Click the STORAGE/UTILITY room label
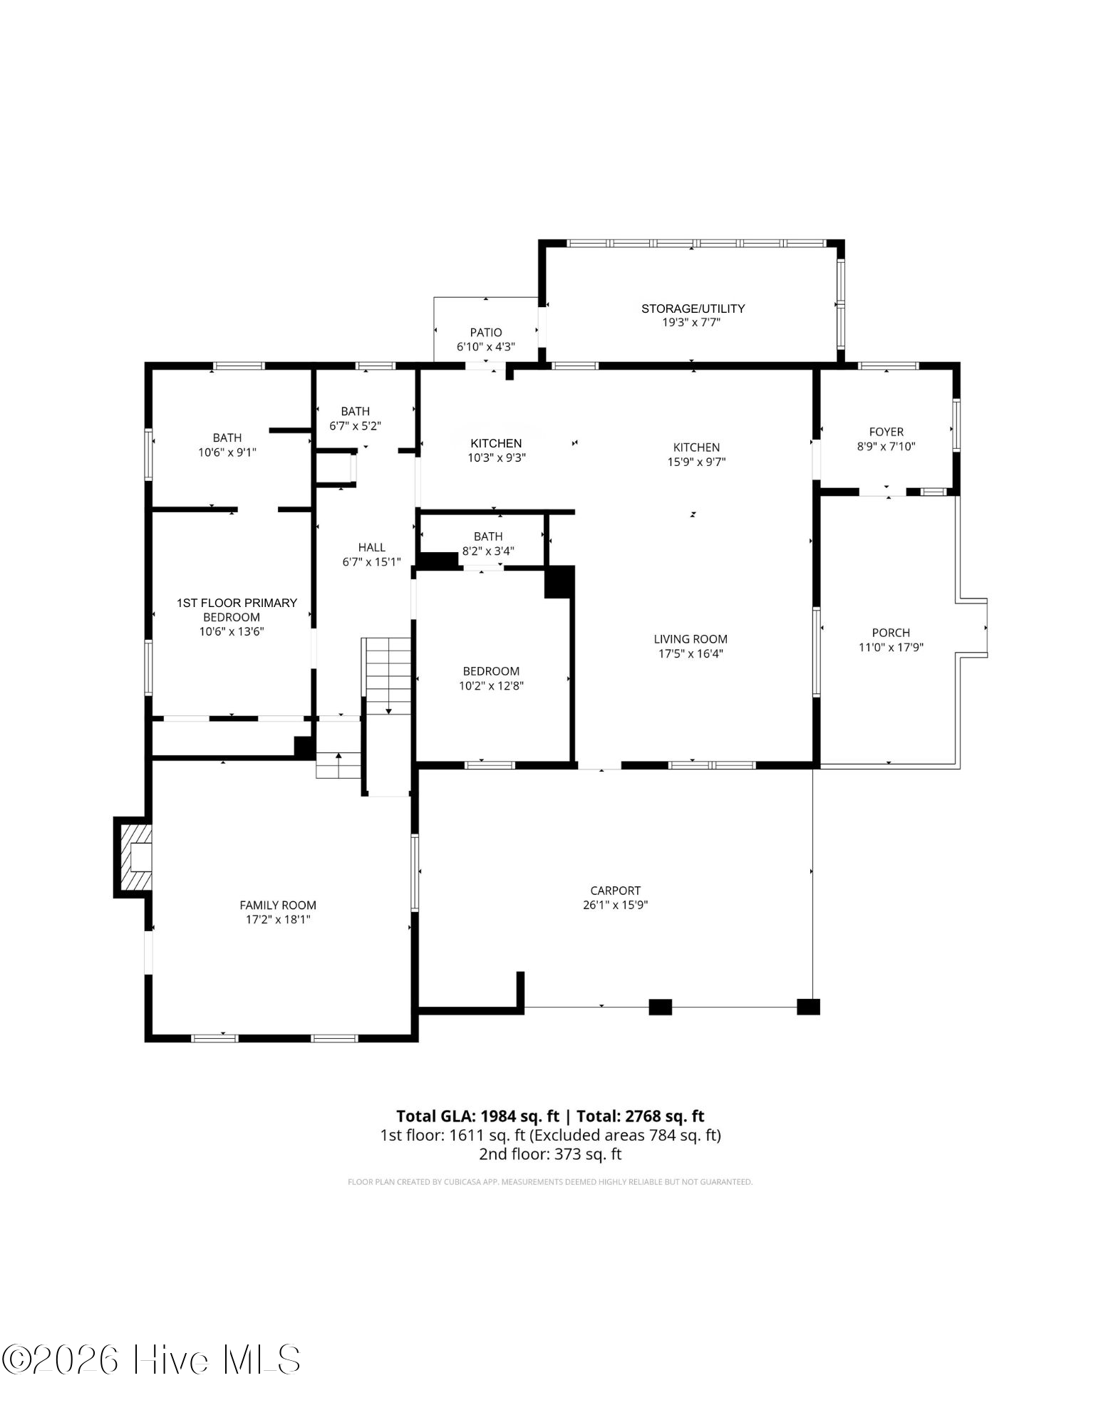pos(693,309)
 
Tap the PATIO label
pos(486,333)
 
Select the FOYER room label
pos(887,432)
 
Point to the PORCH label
pos(891,633)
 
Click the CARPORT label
pos(616,891)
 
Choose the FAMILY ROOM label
pos(278,906)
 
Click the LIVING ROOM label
pos(691,639)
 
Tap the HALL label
pos(372,547)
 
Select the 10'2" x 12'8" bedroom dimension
pos(492,686)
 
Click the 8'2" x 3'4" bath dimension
pos(488,551)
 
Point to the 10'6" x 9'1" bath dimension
pos(227,452)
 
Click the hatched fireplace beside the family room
pos(134,858)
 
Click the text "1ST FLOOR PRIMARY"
pos(237,603)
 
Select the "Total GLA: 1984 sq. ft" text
pos(477,1116)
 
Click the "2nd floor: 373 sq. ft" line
pos(550,1154)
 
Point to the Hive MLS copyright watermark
pos(150,1359)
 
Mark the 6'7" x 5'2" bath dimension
pos(356,426)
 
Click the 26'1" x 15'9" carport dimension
pos(615,906)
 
